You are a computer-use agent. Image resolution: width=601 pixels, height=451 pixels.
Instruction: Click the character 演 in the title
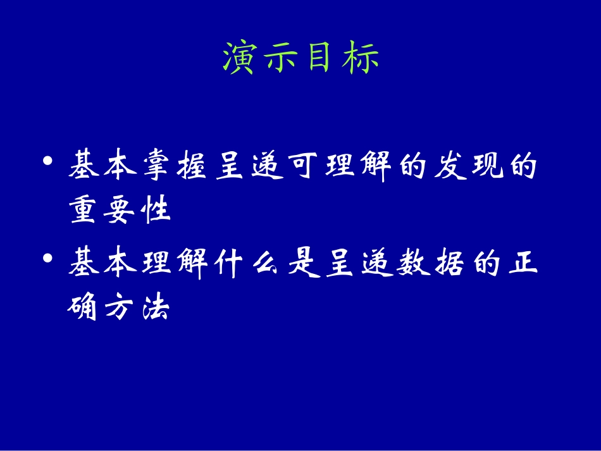(239, 59)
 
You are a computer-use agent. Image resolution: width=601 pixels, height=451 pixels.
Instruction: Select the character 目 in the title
(320, 59)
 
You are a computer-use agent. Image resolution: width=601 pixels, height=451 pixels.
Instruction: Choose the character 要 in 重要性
(120, 210)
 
